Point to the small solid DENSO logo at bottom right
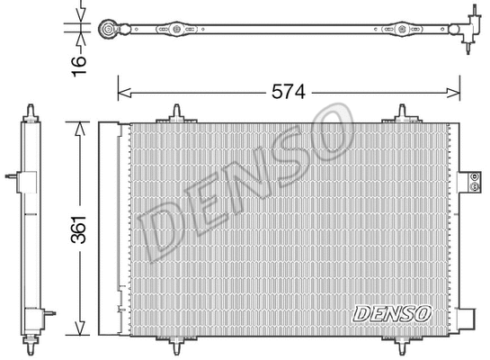coord(391,313)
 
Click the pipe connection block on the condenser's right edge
coord(469,183)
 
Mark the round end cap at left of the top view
coord(108,29)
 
